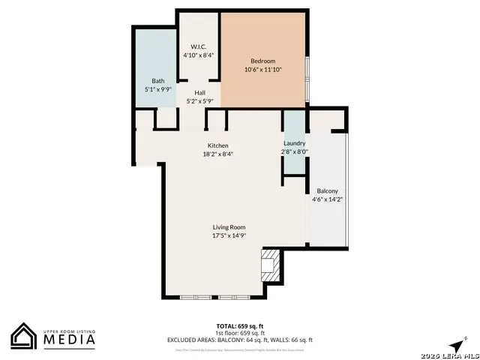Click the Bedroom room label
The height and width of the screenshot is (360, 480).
click(x=263, y=61)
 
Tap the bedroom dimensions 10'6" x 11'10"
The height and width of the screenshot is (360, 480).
click(x=263, y=70)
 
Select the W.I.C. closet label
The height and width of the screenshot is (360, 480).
click(x=198, y=46)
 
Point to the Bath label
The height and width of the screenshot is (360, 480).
click(x=157, y=81)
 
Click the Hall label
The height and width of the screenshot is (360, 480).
click(x=200, y=93)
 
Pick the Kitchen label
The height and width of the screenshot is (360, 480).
click(x=218, y=145)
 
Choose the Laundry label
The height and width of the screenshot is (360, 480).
click(x=294, y=143)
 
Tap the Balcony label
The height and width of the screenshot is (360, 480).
click(x=328, y=190)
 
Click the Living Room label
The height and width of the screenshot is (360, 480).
click(x=229, y=227)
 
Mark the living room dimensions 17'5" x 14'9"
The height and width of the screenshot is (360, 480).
click(x=229, y=235)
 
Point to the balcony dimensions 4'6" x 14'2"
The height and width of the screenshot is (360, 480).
click(x=328, y=199)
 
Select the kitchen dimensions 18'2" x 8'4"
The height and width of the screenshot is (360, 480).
click(x=218, y=154)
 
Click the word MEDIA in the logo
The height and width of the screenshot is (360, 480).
click(x=68, y=340)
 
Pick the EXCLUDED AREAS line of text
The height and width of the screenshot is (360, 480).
click(x=240, y=340)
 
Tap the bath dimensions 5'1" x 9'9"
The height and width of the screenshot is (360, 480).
click(x=157, y=89)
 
